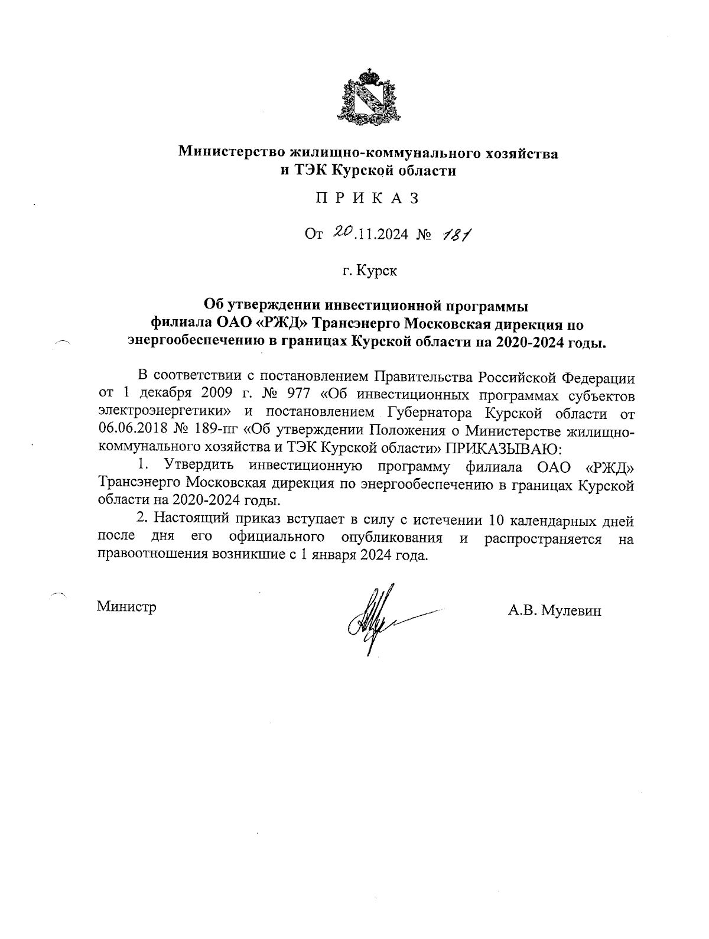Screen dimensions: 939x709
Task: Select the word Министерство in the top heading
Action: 232,152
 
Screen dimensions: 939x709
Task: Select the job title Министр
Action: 127,607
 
